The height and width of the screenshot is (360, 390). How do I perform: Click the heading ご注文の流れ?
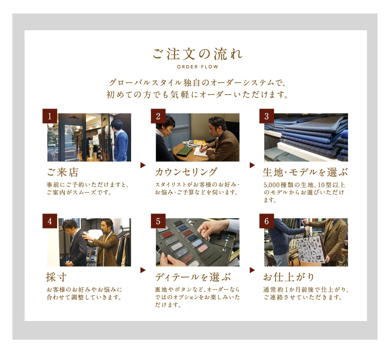[197, 54]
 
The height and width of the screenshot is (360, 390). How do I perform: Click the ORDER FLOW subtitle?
[197, 67]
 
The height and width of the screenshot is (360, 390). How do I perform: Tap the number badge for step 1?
[50, 116]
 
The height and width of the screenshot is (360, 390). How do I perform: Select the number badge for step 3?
[267, 116]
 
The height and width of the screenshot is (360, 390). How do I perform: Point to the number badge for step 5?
[158, 221]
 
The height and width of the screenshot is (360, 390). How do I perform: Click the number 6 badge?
[267, 221]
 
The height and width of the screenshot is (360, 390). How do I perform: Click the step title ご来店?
[63, 172]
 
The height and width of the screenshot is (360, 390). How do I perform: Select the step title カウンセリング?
[186, 172]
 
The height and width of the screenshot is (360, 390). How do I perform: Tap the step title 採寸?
[56, 277]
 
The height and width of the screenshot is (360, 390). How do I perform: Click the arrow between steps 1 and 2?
[143, 165]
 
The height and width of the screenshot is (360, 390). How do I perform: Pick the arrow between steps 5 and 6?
[252, 270]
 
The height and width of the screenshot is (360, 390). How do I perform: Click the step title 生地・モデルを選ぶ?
[305, 172]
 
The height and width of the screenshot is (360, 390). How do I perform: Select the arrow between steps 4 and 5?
[143, 270]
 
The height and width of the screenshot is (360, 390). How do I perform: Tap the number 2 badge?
[158, 116]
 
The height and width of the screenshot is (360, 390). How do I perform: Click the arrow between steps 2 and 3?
[252, 165]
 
